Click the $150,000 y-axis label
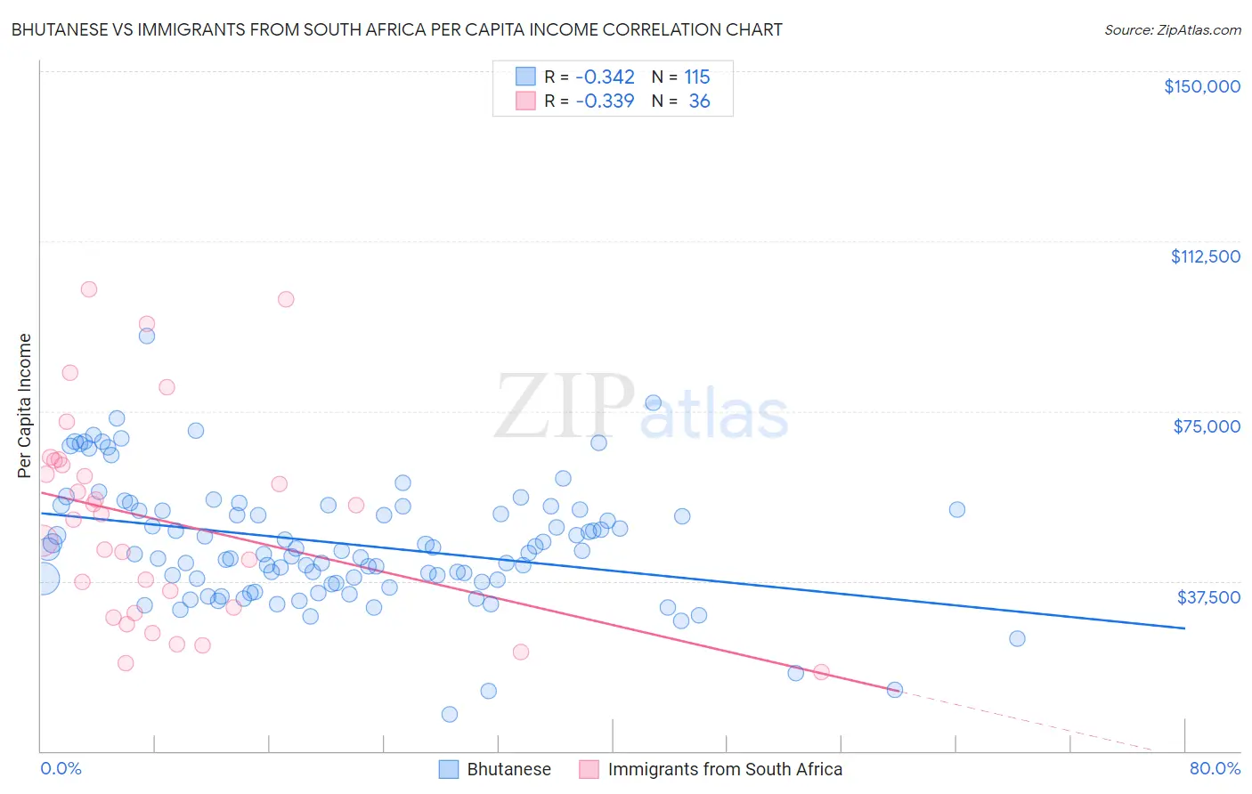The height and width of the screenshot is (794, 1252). (1201, 86)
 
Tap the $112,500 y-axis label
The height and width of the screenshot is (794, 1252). (1205, 256)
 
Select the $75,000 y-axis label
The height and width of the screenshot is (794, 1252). (1207, 426)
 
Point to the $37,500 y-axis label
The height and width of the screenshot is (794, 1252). (1208, 596)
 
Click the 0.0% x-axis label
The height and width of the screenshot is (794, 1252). (61, 768)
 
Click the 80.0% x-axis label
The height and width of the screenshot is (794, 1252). (1215, 768)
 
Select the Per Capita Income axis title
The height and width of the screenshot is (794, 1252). (24, 405)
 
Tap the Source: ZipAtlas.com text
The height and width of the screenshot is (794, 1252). (1172, 29)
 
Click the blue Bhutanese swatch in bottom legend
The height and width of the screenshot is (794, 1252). (448, 769)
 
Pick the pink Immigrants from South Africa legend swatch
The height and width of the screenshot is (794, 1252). (589, 769)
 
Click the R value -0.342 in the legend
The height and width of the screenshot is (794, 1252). (605, 77)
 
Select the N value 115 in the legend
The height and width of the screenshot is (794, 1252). (696, 77)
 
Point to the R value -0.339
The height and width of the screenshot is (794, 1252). (605, 101)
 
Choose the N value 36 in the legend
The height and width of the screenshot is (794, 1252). (699, 101)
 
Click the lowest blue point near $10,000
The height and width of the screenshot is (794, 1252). (450, 714)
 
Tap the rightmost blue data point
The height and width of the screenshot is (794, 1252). (1017, 638)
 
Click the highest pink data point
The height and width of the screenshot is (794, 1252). (89, 289)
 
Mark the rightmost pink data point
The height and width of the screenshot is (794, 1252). (821, 672)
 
